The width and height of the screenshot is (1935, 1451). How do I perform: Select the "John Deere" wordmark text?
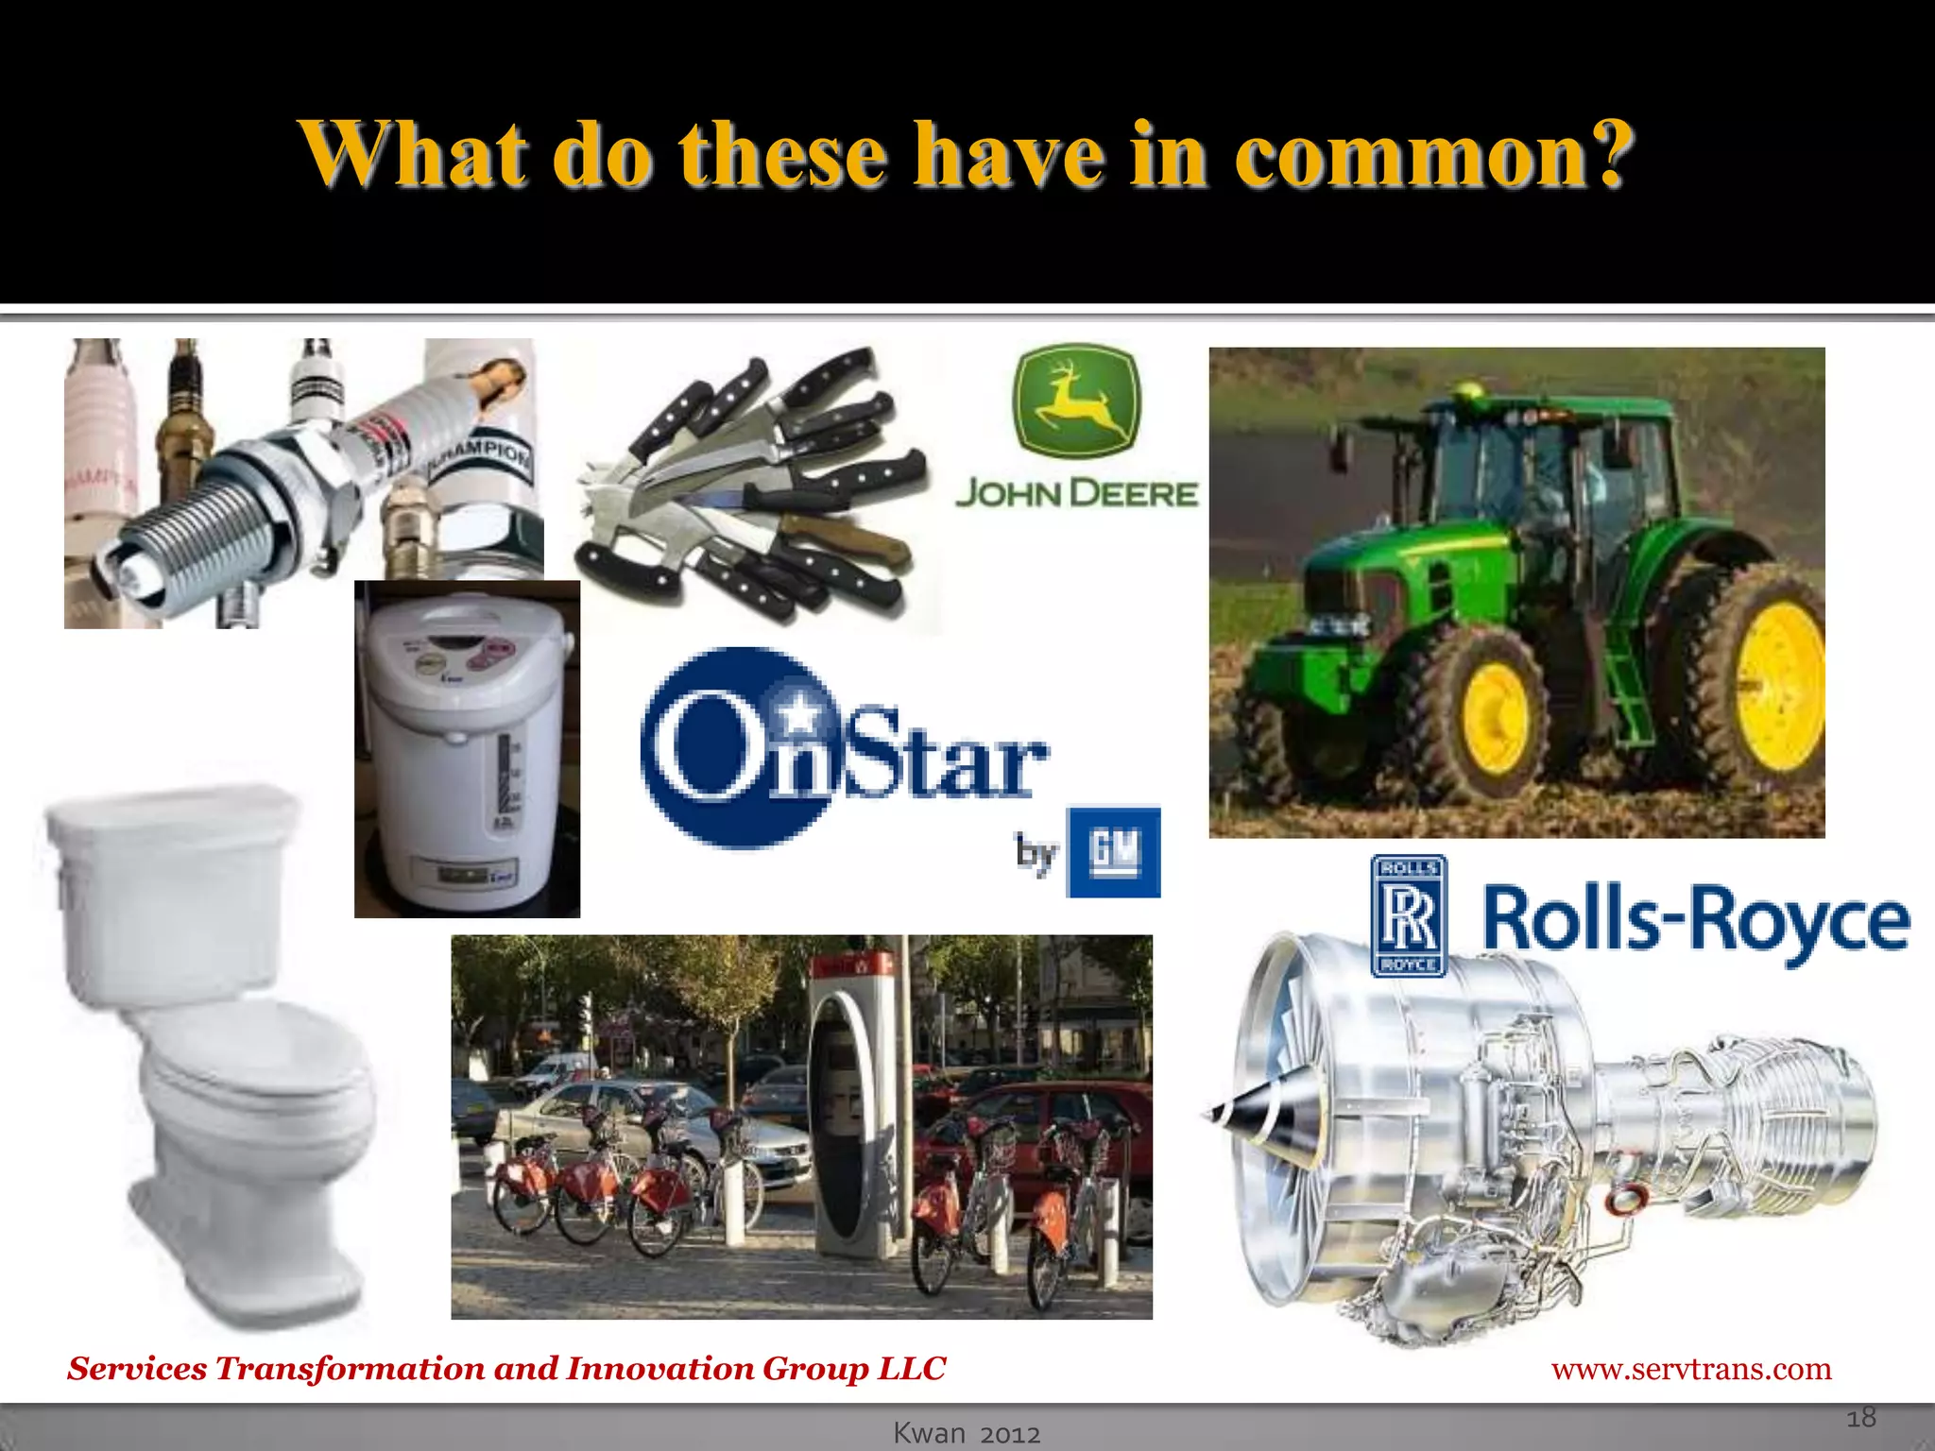click(x=1076, y=493)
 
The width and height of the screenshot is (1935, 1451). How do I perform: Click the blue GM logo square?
click(x=1113, y=852)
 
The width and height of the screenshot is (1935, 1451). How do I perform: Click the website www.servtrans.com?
click(x=1690, y=1368)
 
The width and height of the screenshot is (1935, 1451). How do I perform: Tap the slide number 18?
click(x=1860, y=1417)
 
